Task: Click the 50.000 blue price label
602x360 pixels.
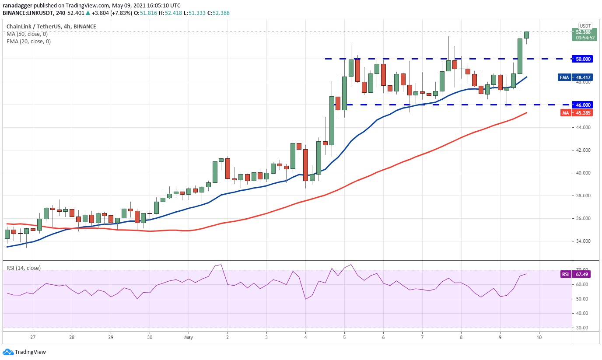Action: (x=584, y=59)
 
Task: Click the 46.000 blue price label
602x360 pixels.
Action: (x=584, y=105)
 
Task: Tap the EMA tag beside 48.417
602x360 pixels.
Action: (x=564, y=77)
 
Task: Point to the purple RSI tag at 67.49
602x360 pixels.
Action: (x=566, y=274)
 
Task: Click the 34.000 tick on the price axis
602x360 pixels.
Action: (x=583, y=241)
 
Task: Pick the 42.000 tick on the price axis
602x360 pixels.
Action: (x=583, y=150)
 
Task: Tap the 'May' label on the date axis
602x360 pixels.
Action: (x=189, y=337)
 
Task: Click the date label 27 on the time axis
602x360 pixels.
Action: (x=33, y=337)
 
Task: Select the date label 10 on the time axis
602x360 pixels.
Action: (x=539, y=337)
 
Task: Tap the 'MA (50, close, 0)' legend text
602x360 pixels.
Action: (x=27, y=34)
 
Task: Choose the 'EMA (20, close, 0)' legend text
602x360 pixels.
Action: (x=28, y=42)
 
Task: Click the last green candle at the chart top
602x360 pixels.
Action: (x=526, y=35)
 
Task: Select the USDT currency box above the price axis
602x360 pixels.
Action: (x=585, y=26)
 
